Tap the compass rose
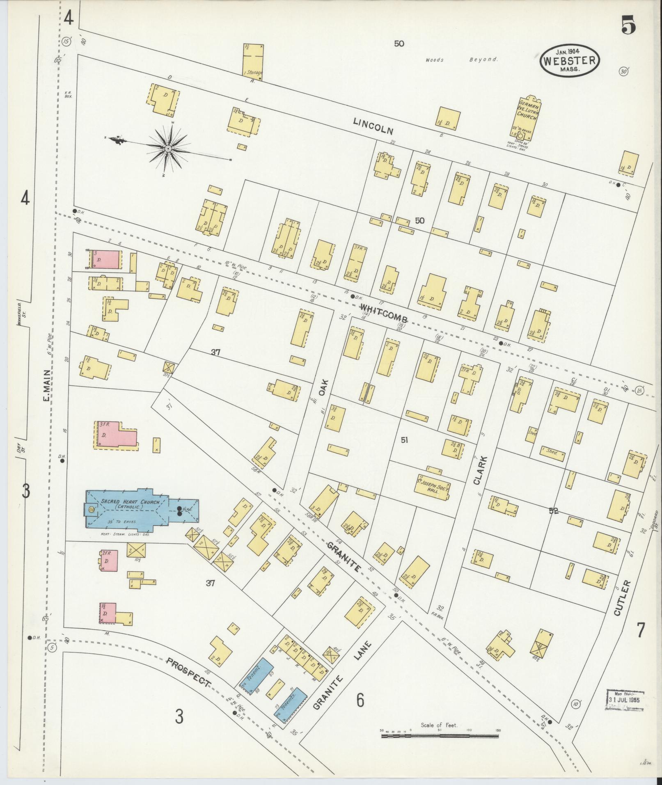(168, 148)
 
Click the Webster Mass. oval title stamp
(569, 61)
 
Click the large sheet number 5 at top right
(628, 26)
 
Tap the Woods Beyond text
(461, 60)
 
